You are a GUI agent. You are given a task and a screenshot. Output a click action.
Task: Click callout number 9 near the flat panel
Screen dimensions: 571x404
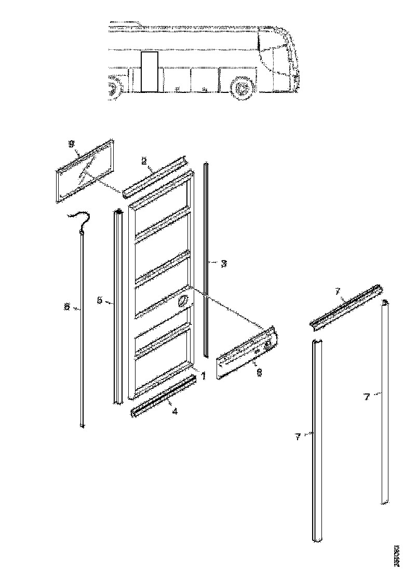[72, 144]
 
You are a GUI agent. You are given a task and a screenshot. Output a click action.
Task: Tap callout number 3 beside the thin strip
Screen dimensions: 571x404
[224, 264]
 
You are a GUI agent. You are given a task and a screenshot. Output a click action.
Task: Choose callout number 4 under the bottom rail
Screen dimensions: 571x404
[175, 412]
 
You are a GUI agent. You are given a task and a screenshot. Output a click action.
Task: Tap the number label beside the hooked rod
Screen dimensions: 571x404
[66, 307]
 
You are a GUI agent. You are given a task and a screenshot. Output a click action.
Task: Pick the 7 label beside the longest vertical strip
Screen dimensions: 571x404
[298, 438]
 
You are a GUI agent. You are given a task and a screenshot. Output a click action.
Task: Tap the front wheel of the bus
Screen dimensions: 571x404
[241, 89]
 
